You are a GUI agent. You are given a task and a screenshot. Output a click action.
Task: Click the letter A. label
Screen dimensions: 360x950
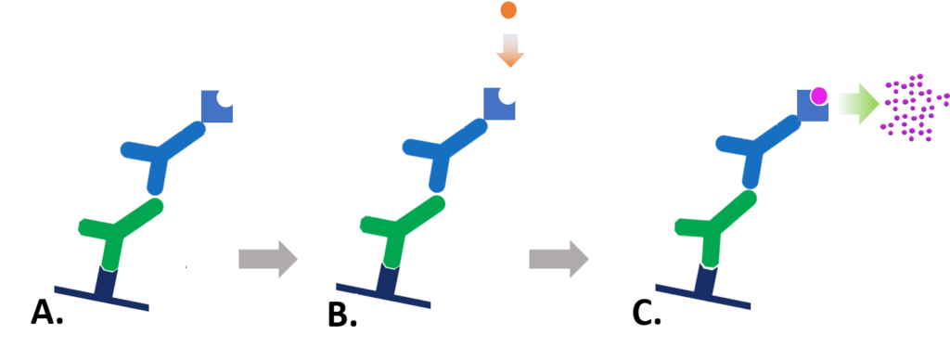[46, 313]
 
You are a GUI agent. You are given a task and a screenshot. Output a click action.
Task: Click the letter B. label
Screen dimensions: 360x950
[342, 315]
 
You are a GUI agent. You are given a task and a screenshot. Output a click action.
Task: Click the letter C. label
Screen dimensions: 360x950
[647, 315]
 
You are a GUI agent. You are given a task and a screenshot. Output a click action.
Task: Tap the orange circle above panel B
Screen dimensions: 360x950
[508, 11]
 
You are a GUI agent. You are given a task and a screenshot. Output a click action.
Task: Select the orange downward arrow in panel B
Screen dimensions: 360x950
[509, 51]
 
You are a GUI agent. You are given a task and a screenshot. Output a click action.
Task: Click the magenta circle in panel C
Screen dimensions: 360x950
[818, 96]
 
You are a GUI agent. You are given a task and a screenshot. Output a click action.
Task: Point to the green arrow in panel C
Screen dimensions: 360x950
[859, 103]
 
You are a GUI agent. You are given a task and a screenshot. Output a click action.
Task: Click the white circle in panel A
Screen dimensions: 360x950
[225, 96]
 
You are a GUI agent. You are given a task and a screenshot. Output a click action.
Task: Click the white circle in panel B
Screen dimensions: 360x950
[507, 94]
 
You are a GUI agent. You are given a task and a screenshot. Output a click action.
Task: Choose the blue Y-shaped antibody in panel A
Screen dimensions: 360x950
[162, 156]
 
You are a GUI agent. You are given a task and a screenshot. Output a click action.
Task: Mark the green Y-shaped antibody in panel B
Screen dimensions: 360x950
[399, 226]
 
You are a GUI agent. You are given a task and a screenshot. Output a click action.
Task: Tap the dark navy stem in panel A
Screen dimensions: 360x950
[105, 282]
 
